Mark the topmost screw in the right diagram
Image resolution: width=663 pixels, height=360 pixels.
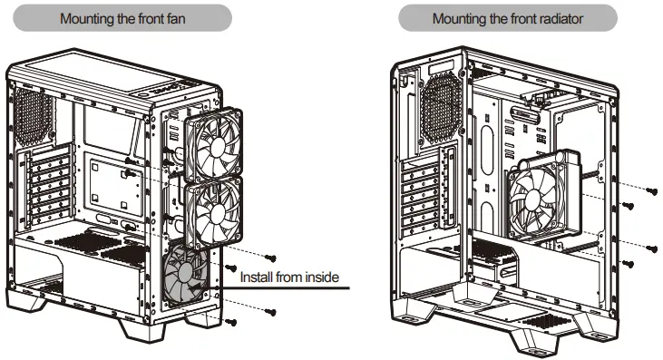(x=650, y=190)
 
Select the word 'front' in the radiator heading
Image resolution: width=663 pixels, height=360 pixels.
(x=523, y=17)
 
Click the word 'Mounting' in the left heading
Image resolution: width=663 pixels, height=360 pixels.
(x=88, y=17)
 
